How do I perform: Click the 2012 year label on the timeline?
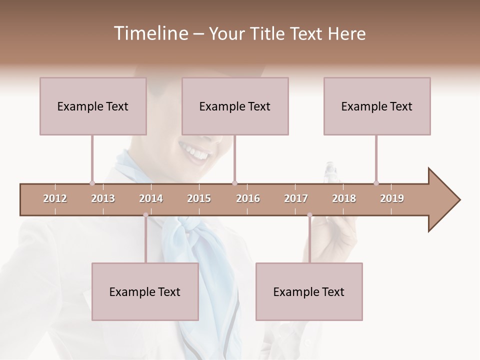click(55, 198)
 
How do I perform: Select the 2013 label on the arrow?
click(103, 198)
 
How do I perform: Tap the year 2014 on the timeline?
click(151, 198)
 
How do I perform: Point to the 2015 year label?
click(199, 198)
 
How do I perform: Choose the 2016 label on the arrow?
click(248, 198)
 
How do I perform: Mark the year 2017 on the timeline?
click(296, 198)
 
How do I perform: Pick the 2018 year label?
click(344, 198)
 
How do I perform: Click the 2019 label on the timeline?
click(392, 198)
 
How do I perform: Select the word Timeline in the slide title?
click(150, 33)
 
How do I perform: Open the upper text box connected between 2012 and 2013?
click(93, 106)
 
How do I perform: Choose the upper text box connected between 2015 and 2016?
click(235, 106)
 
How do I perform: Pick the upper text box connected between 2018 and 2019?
click(377, 106)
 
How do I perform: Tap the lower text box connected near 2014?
click(145, 291)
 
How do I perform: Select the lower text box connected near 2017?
click(309, 291)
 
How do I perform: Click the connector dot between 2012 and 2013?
click(92, 183)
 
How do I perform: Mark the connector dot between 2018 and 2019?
click(376, 183)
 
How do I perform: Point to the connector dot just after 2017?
click(309, 215)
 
